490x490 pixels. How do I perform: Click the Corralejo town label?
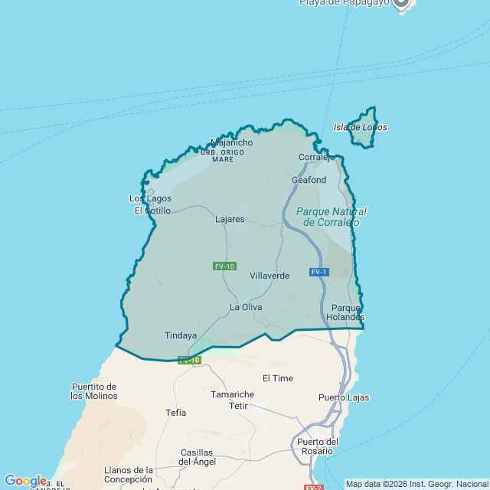click(x=316, y=157)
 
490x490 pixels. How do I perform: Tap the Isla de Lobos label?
click(x=360, y=127)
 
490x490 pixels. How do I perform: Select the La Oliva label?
click(x=246, y=307)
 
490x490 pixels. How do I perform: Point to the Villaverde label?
click(x=269, y=275)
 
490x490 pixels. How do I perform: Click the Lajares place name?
click(x=230, y=219)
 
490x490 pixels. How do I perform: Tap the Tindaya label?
click(x=181, y=335)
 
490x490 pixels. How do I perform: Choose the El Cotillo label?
click(x=152, y=211)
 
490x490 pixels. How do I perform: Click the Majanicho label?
click(x=231, y=142)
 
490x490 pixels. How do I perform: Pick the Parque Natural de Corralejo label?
click(x=332, y=217)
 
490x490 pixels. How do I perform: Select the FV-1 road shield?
click(x=319, y=272)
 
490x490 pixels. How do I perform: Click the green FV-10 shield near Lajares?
click(x=224, y=266)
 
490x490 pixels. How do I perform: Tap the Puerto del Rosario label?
click(x=318, y=446)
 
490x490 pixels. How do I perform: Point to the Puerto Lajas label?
click(x=344, y=397)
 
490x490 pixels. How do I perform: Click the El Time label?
click(x=277, y=378)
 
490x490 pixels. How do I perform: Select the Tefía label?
click(x=175, y=412)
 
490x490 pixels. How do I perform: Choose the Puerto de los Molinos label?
click(x=93, y=391)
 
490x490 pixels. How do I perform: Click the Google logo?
click(x=25, y=481)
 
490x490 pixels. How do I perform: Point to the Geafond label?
click(x=309, y=180)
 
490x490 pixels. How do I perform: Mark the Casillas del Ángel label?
click(x=197, y=457)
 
